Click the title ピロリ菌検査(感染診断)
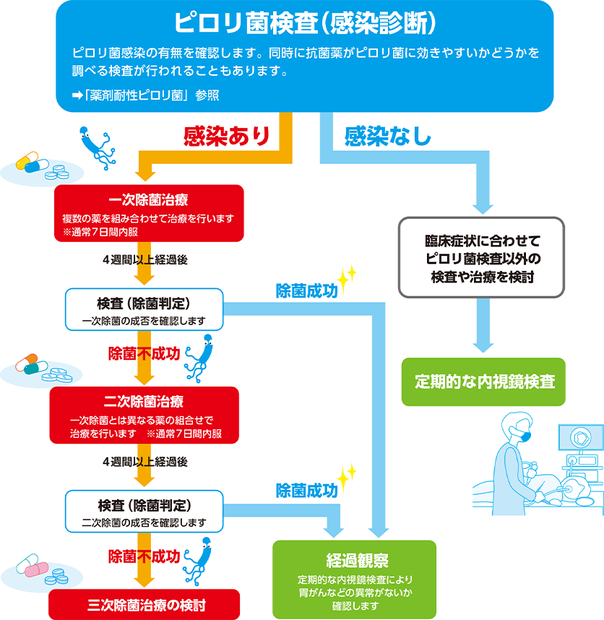304,22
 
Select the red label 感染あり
226,136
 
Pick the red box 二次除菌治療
143,415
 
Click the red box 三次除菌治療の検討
143,604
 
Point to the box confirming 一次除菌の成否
144,310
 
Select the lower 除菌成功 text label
306,491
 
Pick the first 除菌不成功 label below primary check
144,353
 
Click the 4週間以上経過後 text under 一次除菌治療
144,260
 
